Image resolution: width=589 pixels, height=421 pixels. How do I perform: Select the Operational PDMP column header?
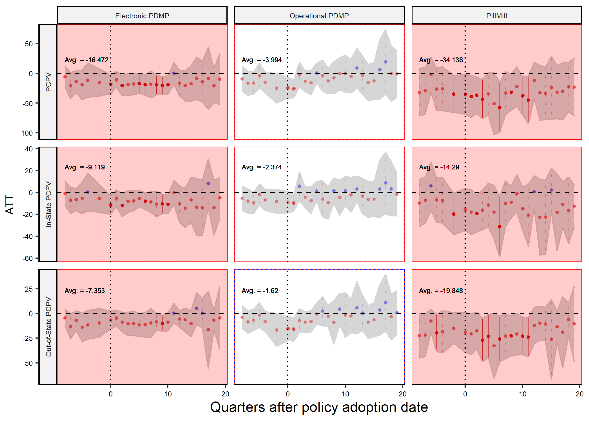319,16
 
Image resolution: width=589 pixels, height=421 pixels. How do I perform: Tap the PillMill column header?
496,16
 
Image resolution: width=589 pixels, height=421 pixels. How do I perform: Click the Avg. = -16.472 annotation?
86,60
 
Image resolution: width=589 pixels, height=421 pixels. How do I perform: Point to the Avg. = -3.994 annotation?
261,60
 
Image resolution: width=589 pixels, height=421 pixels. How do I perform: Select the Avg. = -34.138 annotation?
441,60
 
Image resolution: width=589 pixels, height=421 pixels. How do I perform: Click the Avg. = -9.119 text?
85,167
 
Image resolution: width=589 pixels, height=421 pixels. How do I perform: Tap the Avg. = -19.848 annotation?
441,291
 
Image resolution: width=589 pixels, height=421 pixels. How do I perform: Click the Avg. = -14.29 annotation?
439,167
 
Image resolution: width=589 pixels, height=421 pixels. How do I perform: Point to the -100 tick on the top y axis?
25,133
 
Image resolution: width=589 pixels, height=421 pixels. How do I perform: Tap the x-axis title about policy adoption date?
319,407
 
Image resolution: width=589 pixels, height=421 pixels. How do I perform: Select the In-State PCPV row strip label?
48,204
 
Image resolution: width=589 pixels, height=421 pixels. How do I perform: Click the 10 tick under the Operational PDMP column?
345,394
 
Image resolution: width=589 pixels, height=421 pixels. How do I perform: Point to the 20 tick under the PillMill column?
579,394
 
